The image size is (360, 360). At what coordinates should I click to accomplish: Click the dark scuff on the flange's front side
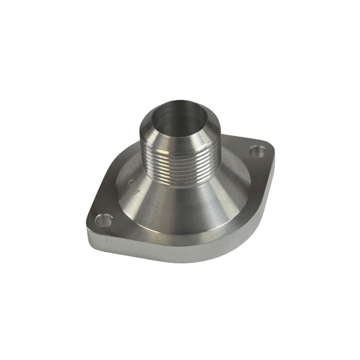coord(106,239)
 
